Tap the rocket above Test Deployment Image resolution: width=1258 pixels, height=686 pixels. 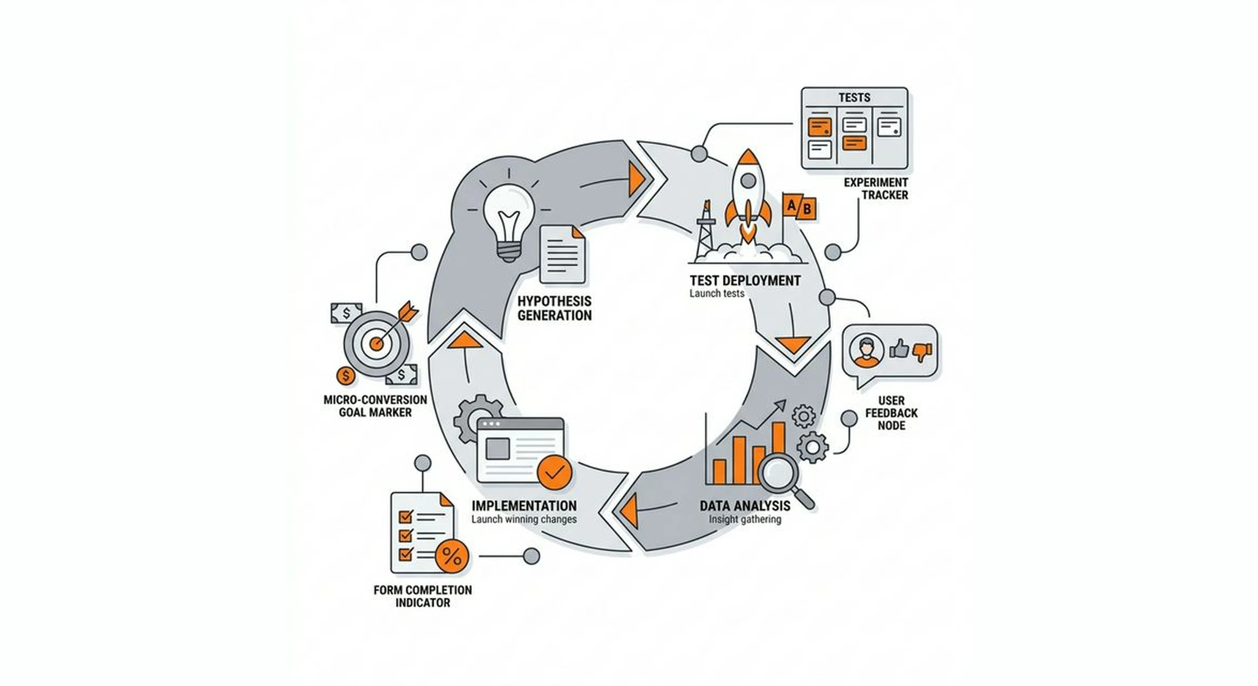[x=748, y=195]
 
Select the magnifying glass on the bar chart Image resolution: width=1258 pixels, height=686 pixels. [x=780, y=473]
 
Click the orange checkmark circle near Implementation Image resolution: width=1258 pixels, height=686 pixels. [x=554, y=472]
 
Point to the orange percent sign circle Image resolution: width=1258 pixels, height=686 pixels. [x=452, y=556]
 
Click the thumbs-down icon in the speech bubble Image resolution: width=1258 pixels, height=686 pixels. [x=922, y=351]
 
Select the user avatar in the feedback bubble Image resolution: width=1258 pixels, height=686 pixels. [x=866, y=351]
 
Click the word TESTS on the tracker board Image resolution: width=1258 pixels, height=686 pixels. [x=854, y=98]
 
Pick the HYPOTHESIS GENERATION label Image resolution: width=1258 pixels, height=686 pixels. [x=554, y=308]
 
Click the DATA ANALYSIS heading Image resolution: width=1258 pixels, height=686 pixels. [x=745, y=506]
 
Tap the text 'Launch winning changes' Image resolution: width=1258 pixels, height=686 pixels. [x=524, y=519]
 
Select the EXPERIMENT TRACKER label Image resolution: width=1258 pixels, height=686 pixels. [x=876, y=188]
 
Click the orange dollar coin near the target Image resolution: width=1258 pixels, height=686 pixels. [x=346, y=376]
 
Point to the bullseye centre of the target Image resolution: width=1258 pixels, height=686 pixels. [x=376, y=344]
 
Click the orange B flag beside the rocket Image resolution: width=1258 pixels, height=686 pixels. [x=807, y=209]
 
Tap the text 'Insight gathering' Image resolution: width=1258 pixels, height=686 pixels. [x=745, y=519]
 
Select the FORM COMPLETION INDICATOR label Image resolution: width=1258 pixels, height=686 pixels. [x=423, y=596]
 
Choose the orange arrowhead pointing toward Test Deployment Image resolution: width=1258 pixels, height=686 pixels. [x=637, y=179]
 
